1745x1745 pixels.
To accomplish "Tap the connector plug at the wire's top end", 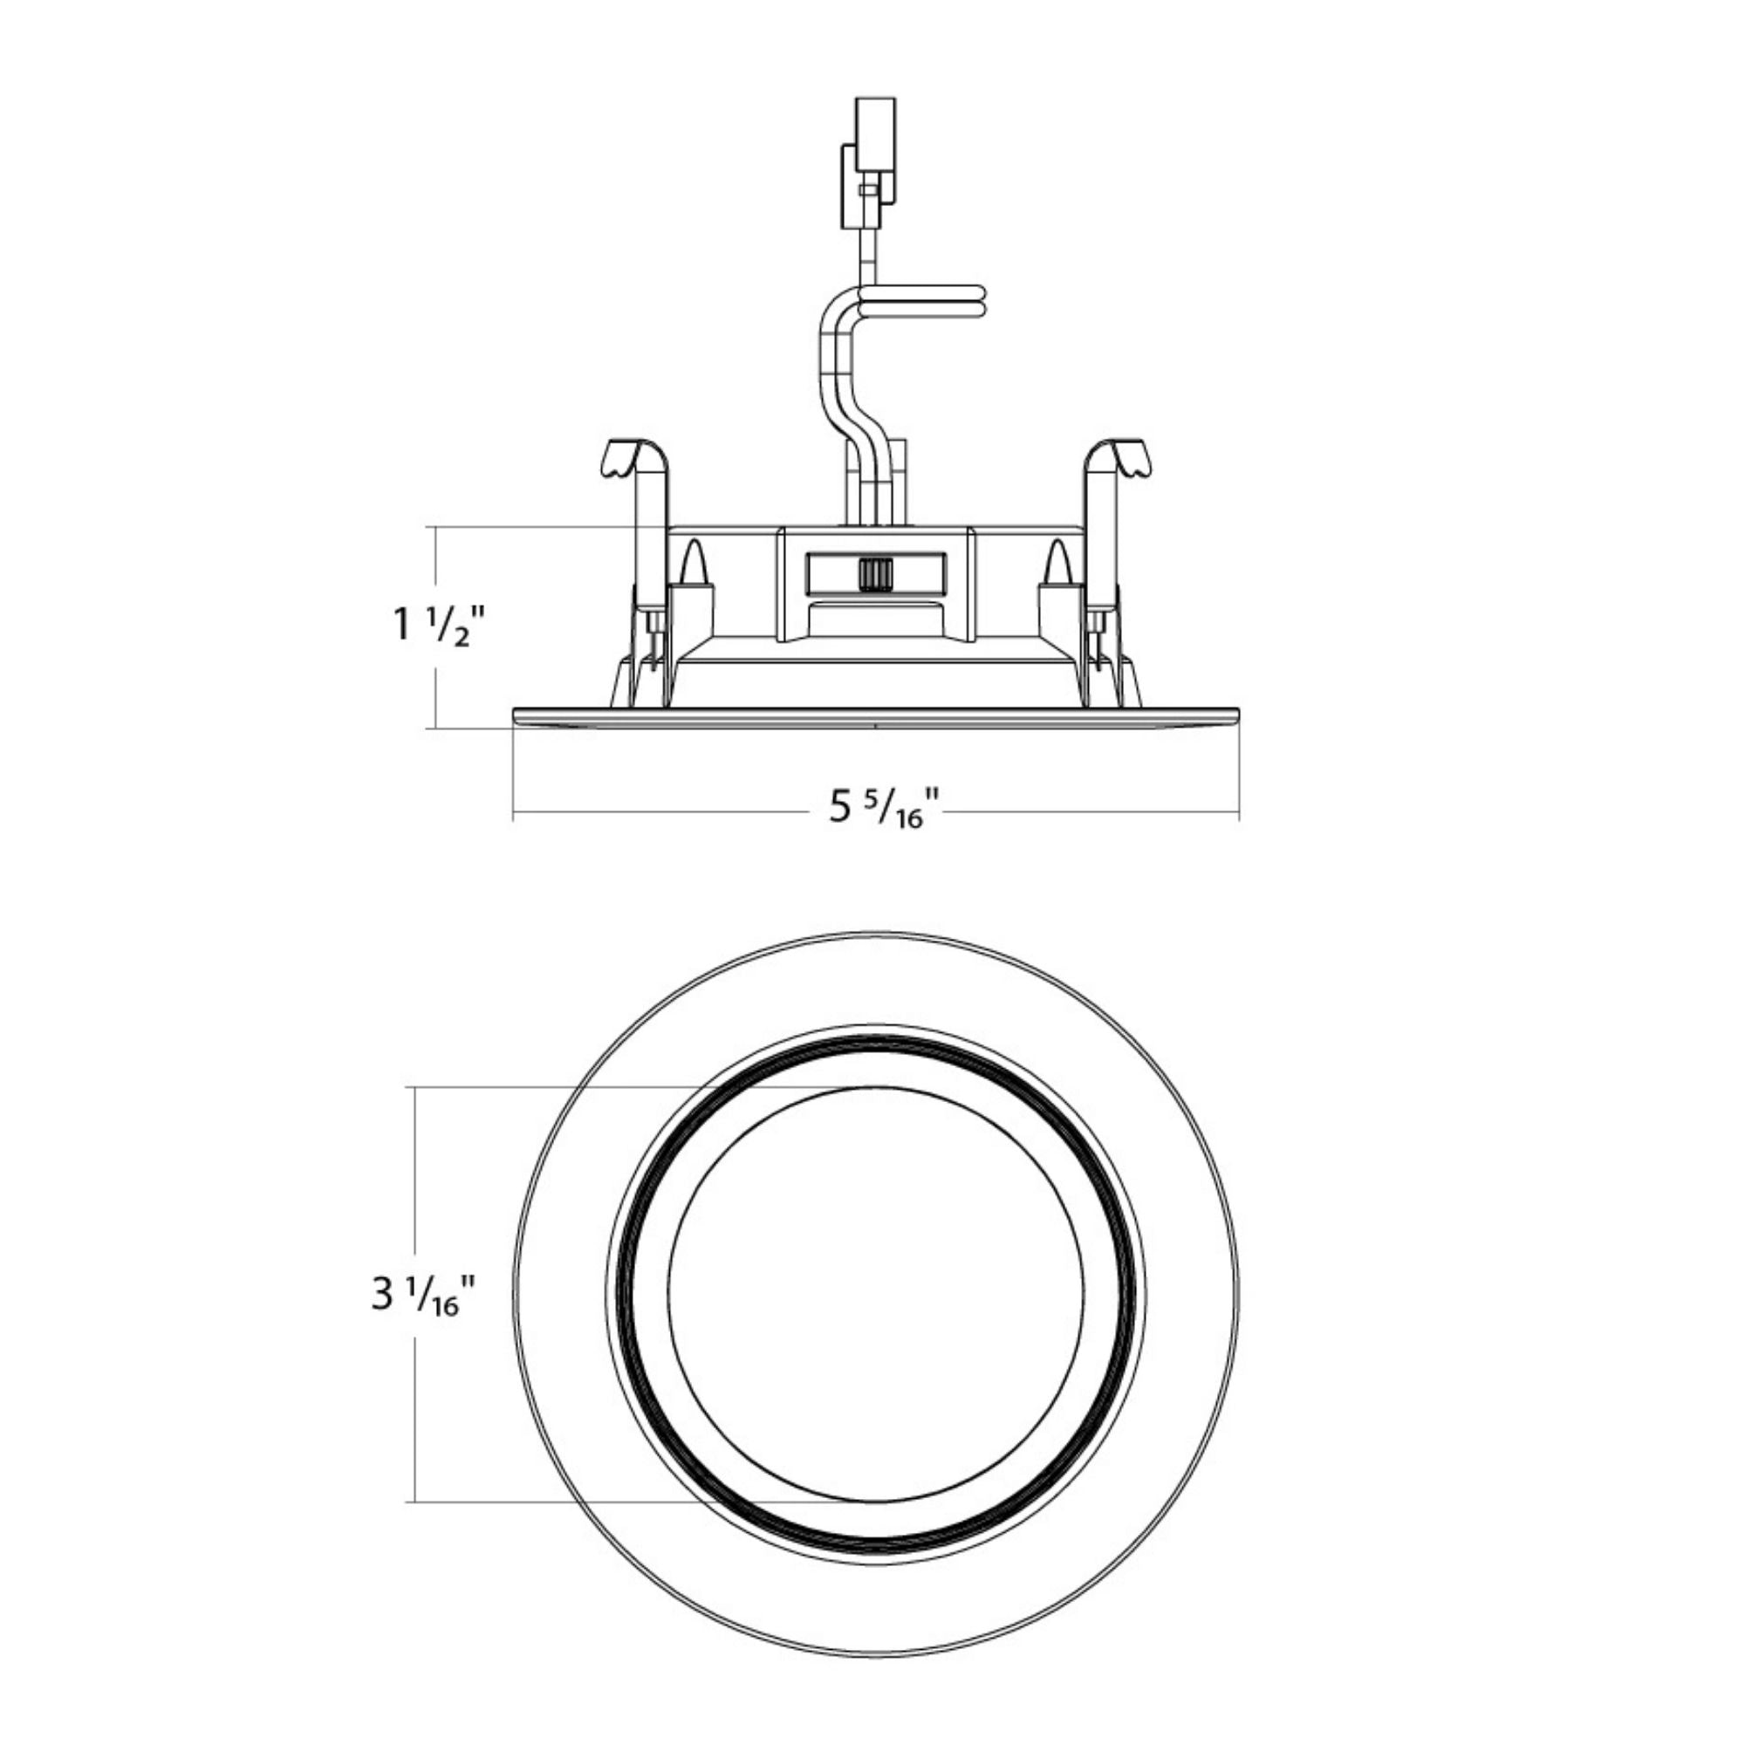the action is (x=869, y=163).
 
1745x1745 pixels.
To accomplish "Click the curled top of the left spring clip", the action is (x=634, y=459).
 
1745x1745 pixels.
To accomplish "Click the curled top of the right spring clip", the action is (x=1119, y=459).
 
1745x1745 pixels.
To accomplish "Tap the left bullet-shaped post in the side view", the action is (x=694, y=562).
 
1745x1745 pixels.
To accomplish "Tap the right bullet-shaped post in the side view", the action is (x=1057, y=562).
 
